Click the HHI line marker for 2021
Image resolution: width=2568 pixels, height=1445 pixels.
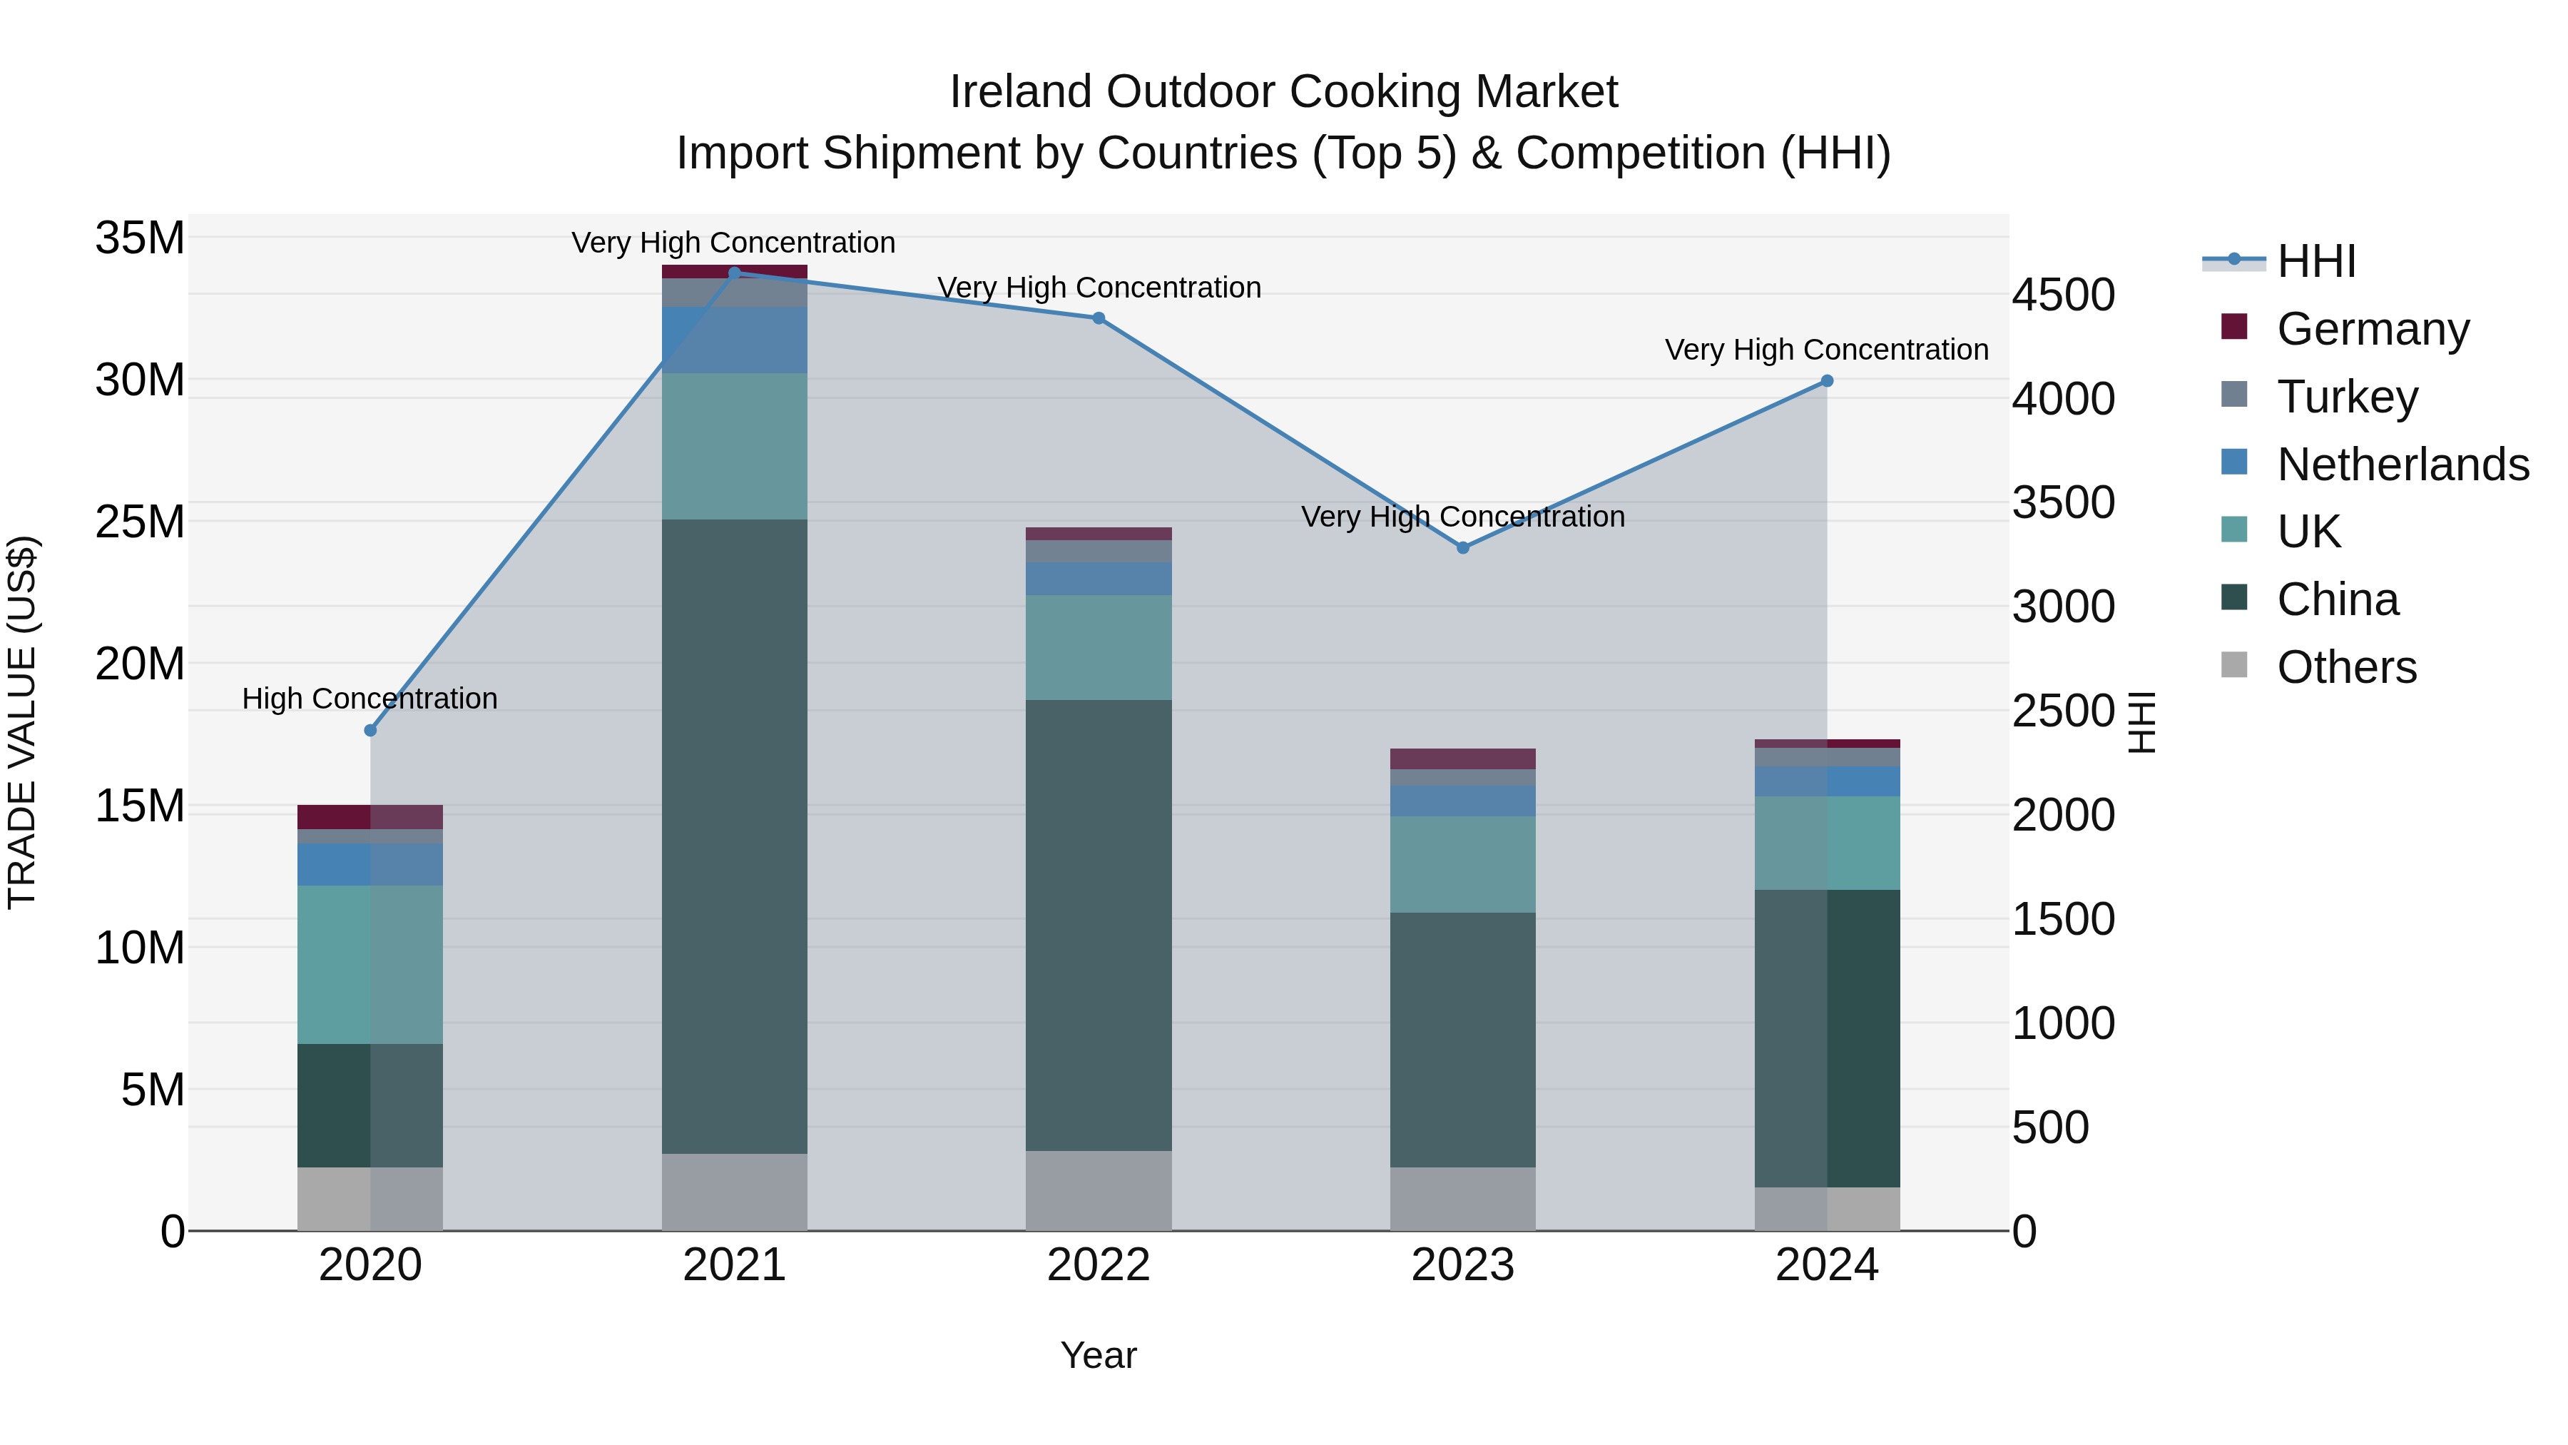[x=735, y=273]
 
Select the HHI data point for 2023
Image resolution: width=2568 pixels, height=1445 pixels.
[x=1462, y=547]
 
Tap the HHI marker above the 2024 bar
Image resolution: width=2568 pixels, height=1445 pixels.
[x=1826, y=381]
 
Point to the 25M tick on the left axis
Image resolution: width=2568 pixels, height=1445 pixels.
[x=140, y=522]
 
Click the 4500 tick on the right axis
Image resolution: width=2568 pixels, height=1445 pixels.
[x=2062, y=295]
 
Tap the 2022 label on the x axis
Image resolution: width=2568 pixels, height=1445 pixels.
[x=1099, y=1264]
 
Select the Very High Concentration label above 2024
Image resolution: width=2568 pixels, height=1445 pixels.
[x=1826, y=350]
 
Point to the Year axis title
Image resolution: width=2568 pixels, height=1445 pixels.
[x=1099, y=1355]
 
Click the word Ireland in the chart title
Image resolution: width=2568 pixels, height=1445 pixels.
[x=1021, y=92]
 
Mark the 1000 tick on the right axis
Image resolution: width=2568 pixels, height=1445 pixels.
[x=2062, y=1023]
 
